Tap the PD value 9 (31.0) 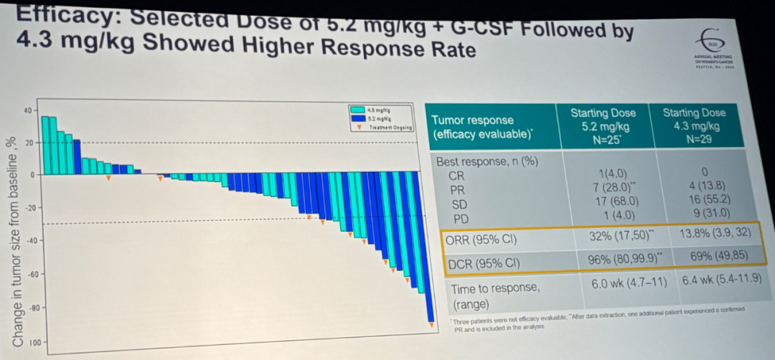[701, 213]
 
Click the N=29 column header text [694, 139]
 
